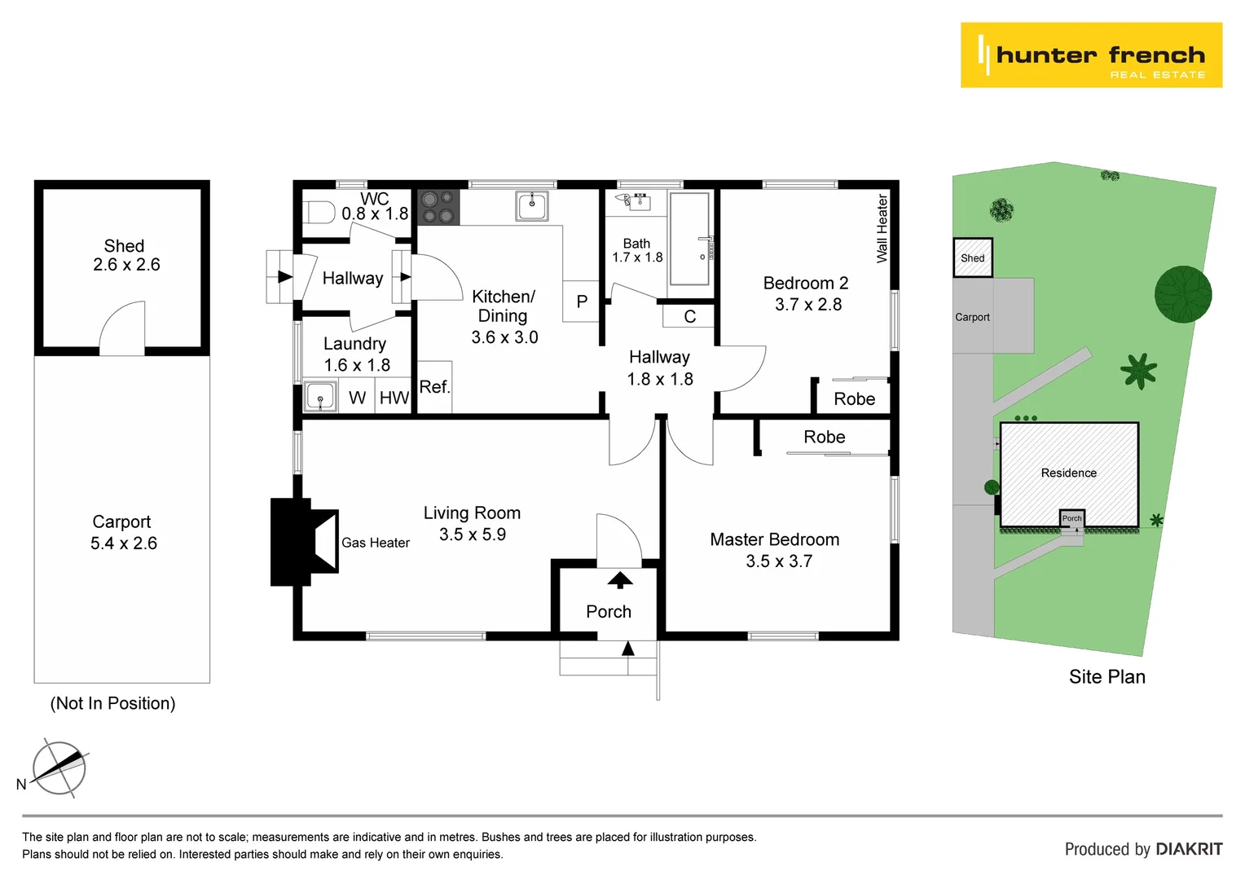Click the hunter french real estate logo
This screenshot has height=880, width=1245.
click(x=1091, y=55)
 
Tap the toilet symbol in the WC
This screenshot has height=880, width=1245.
click(x=320, y=213)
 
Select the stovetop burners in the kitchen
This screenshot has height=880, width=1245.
click(x=438, y=207)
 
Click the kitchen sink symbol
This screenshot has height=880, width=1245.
click(x=532, y=205)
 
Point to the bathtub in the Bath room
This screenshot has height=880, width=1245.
click(x=689, y=238)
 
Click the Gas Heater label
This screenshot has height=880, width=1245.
click(x=376, y=543)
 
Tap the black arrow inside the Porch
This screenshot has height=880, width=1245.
click(x=620, y=579)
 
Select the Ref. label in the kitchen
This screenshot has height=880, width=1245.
click(x=434, y=387)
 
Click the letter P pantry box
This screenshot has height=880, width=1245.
click(x=582, y=301)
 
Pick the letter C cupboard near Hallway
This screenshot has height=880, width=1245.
click(x=689, y=316)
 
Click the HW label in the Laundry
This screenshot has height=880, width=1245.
click(x=394, y=398)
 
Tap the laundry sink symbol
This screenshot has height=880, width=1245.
click(x=320, y=398)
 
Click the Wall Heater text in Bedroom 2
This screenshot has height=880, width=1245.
click(x=882, y=228)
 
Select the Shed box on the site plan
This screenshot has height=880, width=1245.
click(x=973, y=257)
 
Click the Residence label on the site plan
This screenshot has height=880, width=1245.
click(x=1068, y=473)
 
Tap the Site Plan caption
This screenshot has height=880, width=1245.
click(x=1106, y=677)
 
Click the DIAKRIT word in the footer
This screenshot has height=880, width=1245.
click(x=1189, y=849)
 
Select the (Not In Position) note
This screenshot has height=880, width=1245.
click(x=113, y=703)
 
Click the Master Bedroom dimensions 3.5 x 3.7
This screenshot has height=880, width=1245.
click(x=779, y=561)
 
